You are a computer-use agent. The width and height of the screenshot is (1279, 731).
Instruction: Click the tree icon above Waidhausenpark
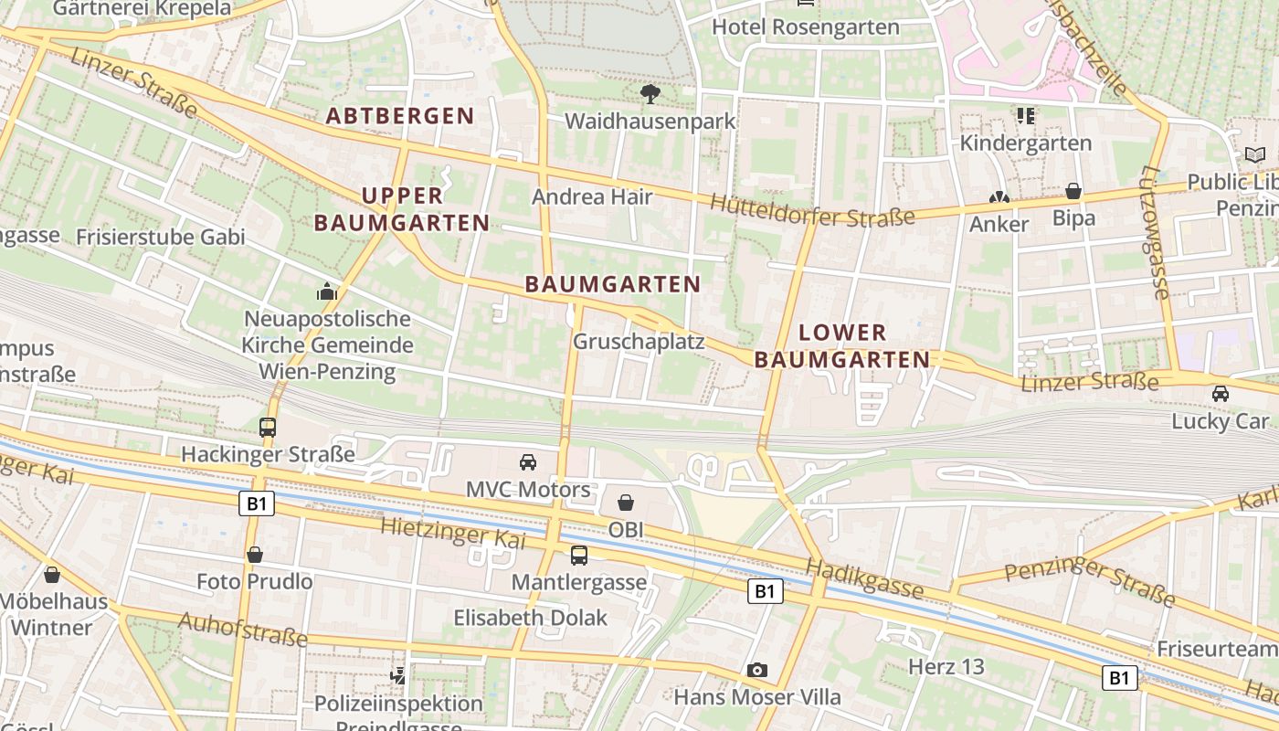click(650, 93)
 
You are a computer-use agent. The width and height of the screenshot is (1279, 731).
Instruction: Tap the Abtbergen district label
click(400, 116)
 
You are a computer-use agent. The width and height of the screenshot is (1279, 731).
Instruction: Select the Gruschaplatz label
click(639, 342)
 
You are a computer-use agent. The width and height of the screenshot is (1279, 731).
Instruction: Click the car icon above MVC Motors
click(528, 462)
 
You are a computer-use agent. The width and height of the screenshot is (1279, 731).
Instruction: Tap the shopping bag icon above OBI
click(626, 503)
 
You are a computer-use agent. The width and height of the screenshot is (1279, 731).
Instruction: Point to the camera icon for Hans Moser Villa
click(756, 671)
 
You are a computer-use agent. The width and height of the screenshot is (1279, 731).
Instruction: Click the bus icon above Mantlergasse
click(579, 556)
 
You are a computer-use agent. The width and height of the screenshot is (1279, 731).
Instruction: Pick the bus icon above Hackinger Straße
click(268, 427)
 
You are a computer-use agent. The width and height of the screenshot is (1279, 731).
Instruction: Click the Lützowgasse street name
click(1155, 232)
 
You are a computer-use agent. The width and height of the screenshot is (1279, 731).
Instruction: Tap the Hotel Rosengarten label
click(805, 27)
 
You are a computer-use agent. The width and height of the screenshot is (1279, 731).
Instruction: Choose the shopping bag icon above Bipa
click(1073, 192)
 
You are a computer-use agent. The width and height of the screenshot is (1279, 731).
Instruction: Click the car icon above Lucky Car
click(1220, 394)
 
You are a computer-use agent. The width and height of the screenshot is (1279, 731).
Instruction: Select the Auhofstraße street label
click(242, 628)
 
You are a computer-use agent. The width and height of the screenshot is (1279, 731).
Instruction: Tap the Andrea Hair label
click(592, 196)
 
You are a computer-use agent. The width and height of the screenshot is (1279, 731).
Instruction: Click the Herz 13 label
click(946, 667)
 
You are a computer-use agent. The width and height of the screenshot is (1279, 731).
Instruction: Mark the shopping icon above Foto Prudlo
click(255, 555)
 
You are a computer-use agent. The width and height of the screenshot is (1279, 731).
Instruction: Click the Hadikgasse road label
click(864, 580)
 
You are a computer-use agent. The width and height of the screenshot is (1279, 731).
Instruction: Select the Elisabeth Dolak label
click(530, 618)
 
